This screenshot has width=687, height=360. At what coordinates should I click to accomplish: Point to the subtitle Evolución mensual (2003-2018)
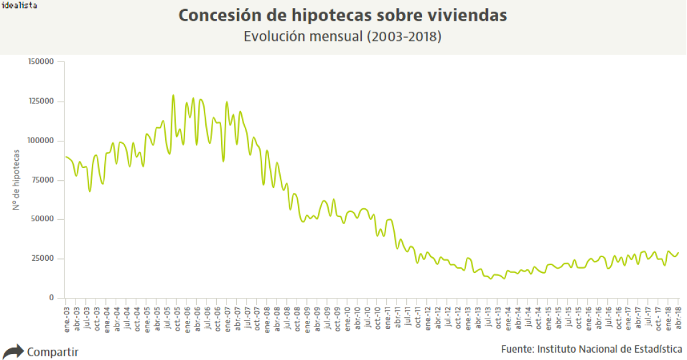(342, 37)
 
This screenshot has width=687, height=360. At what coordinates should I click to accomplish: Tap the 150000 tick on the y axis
(41, 62)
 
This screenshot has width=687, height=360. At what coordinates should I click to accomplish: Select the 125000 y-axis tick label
(41, 101)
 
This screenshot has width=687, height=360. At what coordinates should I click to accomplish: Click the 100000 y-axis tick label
(41, 141)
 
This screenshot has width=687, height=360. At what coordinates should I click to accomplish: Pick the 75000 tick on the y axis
(43, 180)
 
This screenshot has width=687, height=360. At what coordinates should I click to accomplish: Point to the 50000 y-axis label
(43, 219)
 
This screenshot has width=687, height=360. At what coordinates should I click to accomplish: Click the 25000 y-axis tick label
(43, 259)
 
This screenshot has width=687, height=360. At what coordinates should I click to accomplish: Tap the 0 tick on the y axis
(52, 298)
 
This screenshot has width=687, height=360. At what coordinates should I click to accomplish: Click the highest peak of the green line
(173, 95)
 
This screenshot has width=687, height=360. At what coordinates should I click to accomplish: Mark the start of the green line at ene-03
(66, 157)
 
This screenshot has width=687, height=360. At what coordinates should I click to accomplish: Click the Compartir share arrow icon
(13, 351)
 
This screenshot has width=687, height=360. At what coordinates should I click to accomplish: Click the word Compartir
(53, 352)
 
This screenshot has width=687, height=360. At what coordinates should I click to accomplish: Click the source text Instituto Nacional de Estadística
(610, 349)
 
